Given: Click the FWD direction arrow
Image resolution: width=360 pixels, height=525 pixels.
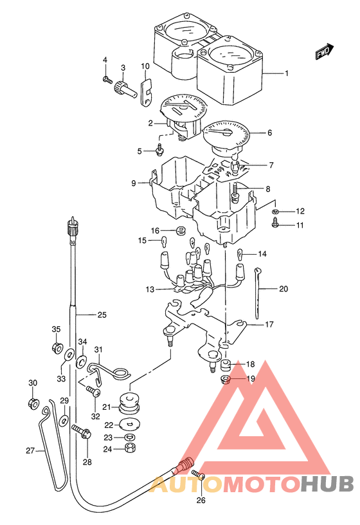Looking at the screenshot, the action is (x=325, y=51).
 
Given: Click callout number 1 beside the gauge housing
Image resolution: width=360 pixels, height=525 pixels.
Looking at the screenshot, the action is (x=287, y=73).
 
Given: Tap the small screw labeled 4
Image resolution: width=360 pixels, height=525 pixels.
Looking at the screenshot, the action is (x=106, y=80).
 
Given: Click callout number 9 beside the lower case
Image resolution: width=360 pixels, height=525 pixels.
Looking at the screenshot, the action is (x=134, y=183).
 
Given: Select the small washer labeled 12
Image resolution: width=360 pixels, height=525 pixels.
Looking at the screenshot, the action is (x=276, y=211).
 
